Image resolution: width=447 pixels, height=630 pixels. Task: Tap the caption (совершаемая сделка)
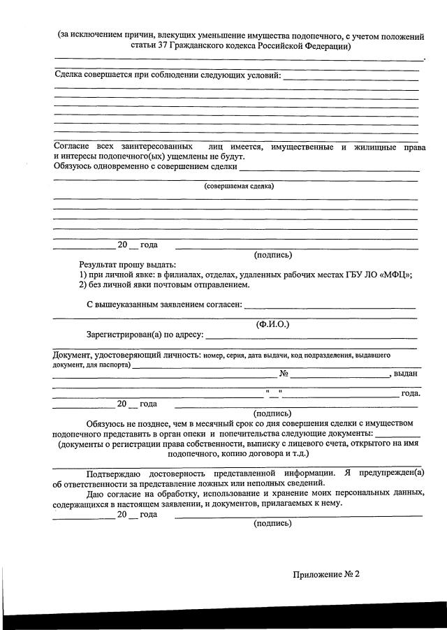pos(239,186)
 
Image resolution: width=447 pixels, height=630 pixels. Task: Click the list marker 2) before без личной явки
pos(82,284)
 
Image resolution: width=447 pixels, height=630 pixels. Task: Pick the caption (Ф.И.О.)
pos(273,323)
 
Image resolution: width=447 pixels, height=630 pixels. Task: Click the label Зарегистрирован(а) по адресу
pos(144,335)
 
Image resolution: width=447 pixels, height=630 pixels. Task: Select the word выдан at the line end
pos(406,374)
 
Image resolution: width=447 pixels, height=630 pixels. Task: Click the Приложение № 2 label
pos(325,574)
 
